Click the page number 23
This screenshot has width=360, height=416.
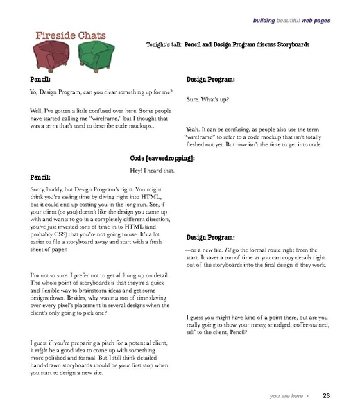click(326, 396)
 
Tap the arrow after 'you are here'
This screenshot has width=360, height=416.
click(307, 396)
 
